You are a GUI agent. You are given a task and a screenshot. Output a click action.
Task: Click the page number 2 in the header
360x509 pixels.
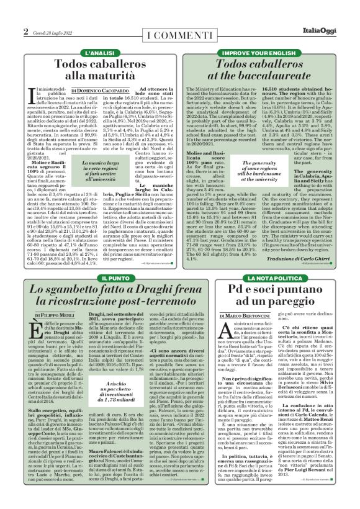tap(26, 30)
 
